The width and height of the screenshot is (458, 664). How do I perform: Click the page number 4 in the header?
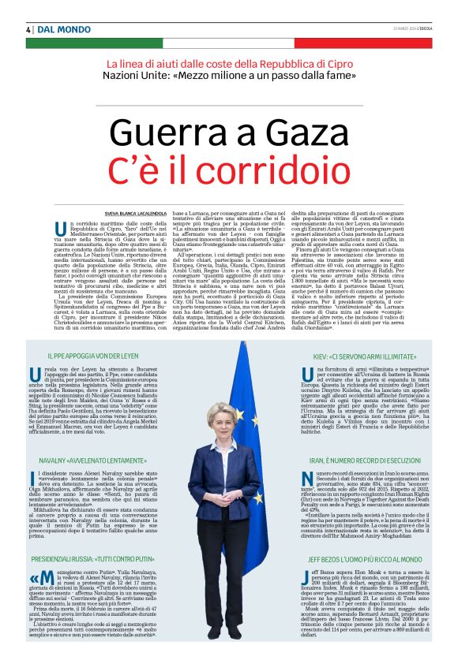click(28, 29)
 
